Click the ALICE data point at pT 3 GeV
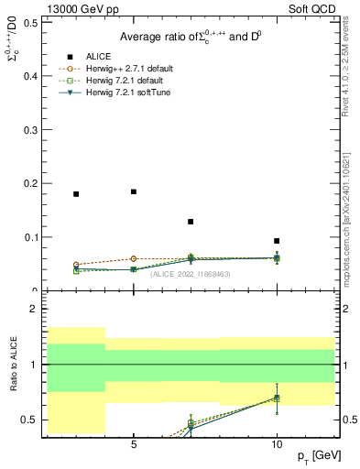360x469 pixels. [x=76, y=194]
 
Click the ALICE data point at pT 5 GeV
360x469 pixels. [x=134, y=191]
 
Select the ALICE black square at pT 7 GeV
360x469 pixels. [x=191, y=222]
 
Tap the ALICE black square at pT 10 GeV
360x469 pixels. [x=277, y=241]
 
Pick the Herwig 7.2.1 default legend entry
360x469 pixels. [x=123, y=81]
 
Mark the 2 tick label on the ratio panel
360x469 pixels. [x=33, y=309]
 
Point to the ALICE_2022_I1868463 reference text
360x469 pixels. [x=190, y=274]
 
